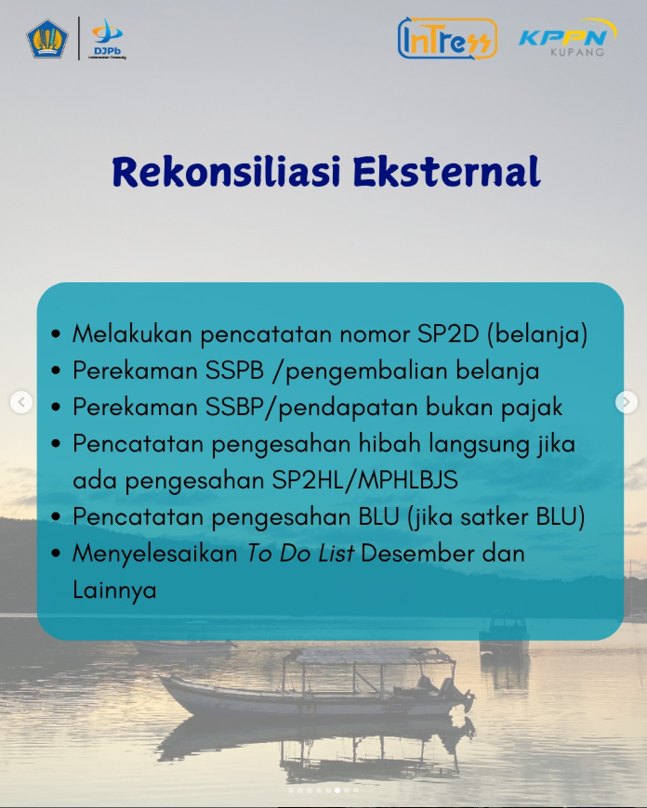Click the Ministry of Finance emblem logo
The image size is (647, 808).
[x=47, y=39]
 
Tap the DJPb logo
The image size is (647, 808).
[x=107, y=39]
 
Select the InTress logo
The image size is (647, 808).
[x=447, y=39]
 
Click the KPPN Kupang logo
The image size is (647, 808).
[x=567, y=38]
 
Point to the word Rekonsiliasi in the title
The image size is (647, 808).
[x=227, y=171]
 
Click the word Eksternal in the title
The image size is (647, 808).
[x=447, y=171]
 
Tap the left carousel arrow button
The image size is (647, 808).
[x=21, y=402]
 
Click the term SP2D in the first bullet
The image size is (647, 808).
[x=448, y=334]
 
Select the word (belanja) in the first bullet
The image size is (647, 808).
[x=537, y=334]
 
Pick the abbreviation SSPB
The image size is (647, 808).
[x=235, y=371]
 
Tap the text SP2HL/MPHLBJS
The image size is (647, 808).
[x=364, y=480]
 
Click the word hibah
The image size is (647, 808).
[x=390, y=444]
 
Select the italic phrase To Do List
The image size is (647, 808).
[x=299, y=554]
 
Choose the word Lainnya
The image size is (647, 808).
[x=114, y=591]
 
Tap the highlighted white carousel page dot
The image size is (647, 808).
[x=337, y=790]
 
